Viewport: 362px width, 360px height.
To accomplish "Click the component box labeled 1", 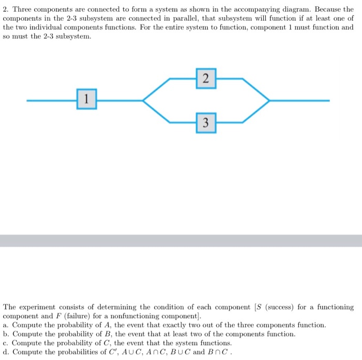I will [86, 100].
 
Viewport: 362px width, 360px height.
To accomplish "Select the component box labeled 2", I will [206, 79].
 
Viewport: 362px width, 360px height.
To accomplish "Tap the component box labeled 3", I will [206, 122].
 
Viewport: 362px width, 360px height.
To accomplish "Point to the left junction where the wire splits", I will [144, 100].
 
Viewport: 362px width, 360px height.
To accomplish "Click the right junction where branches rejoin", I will [268, 100].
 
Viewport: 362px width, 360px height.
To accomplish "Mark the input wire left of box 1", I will [52, 100].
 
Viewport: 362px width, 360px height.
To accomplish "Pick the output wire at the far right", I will [300, 100].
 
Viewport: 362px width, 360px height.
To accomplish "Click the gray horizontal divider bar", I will [181, 241].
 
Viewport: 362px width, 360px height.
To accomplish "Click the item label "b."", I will [6, 334].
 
